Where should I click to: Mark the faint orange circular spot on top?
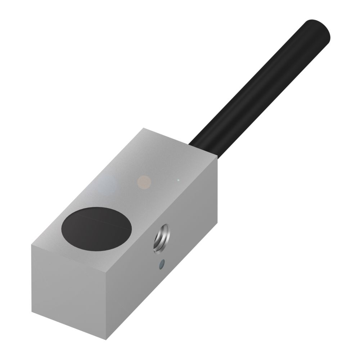pyautogui.click(x=145, y=182)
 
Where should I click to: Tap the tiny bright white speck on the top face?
pyautogui.click(x=178, y=180)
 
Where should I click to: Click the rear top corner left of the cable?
pyautogui.click(x=143, y=128)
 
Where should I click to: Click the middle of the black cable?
pyautogui.click(x=259, y=86)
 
